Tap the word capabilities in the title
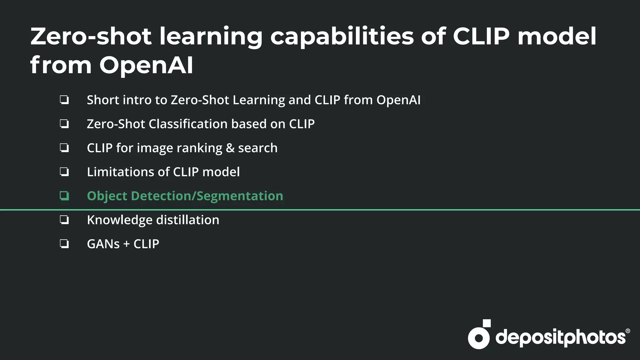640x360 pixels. (342, 37)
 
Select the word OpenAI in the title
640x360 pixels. (146, 65)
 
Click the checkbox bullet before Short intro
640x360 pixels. (64, 100)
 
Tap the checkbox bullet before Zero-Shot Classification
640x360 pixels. (64, 124)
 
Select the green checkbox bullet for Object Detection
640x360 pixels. (64, 196)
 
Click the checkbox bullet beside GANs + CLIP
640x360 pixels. (64, 244)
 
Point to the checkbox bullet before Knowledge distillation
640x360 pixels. (64, 220)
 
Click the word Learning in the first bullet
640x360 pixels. (259, 100)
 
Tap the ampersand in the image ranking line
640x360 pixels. (230, 148)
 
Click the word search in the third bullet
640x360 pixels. (258, 148)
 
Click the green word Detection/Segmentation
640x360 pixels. (207, 196)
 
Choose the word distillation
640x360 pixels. (187, 220)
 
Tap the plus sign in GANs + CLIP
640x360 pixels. (126, 244)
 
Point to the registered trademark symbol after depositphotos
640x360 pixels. (627, 331)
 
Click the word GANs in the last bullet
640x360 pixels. (103, 244)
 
